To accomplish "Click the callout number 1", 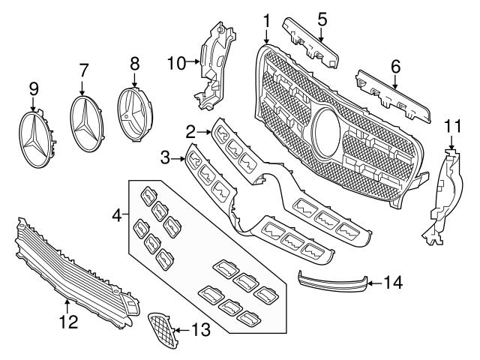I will pyautogui.click(x=266, y=17).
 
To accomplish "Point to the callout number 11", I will pyautogui.click(x=452, y=125).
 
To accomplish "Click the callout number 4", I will pyautogui.click(x=115, y=215).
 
